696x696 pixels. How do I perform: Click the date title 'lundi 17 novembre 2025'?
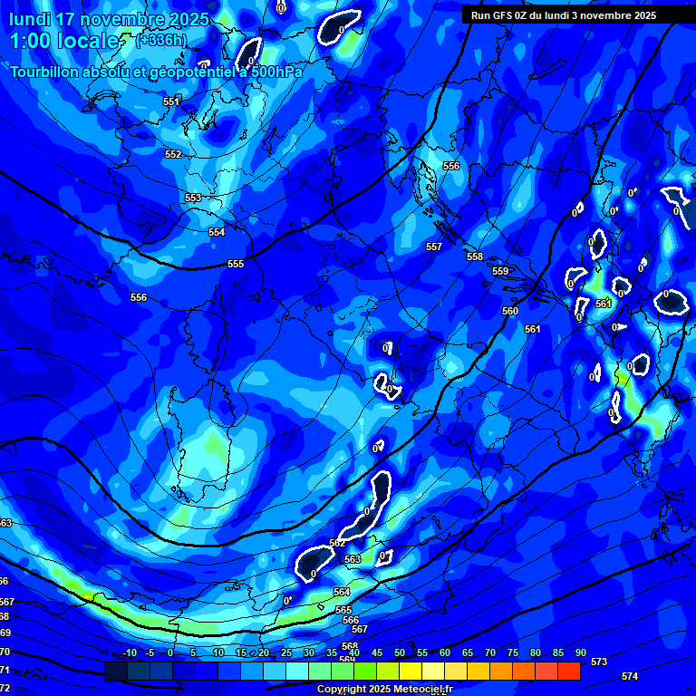pos(109,19)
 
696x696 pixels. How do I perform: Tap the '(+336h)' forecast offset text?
pos(160,40)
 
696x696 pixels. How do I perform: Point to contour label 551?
pos(171,102)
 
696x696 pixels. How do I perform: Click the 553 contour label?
pos(193,198)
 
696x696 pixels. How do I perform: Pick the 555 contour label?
pos(236,264)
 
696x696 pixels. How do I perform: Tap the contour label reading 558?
pos(475,256)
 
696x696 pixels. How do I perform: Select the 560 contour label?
pos(510,311)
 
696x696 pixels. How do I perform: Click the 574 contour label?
pos(630,676)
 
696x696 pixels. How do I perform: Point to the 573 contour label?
pos(599,662)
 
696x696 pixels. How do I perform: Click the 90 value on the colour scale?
pos(580,652)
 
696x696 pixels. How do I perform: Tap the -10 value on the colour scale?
pos(129,652)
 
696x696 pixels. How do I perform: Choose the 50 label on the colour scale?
pos(399,652)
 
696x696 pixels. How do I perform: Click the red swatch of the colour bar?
pos(568,671)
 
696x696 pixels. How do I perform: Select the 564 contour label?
pos(342,592)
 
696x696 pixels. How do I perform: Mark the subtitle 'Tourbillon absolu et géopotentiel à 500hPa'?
pos(156,72)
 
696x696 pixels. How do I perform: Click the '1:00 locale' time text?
pos(63,41)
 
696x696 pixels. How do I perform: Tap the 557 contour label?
pos(434,246)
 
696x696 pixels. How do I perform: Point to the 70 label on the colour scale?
pos(489,652)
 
